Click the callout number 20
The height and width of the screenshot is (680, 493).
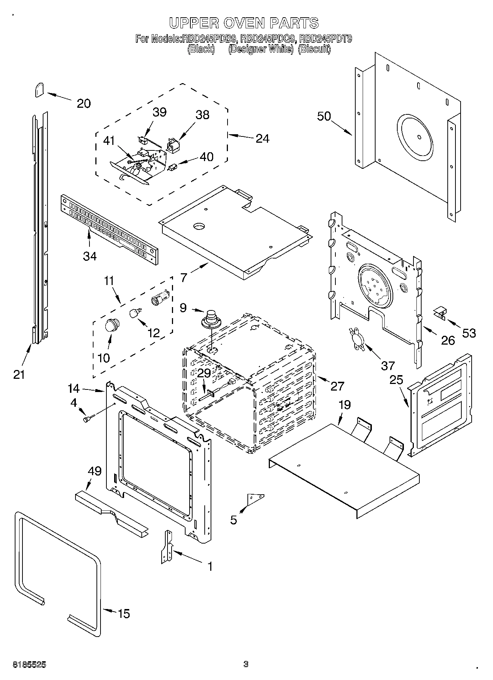[x=84, y=103]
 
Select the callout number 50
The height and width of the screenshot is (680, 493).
[x=324, y=116]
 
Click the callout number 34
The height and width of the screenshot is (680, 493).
[x=89, y=256]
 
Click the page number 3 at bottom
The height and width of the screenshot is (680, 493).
[x=246, y=664]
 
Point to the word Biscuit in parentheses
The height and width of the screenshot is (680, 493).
[x=314, y=49]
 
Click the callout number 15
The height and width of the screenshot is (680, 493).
[x=124, y=613]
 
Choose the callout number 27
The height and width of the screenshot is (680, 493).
[x=337, y=386]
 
